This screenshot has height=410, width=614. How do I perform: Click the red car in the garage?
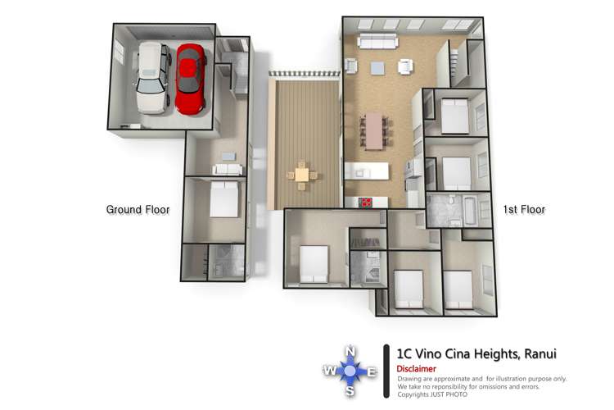coord(190,79)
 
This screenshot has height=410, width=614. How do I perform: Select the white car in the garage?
coord(153,78)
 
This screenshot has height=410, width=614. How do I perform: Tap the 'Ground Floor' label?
coord(138,210)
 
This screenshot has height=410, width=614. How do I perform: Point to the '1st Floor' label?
coord(524,210)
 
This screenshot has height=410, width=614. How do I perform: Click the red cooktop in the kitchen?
coord(366,202)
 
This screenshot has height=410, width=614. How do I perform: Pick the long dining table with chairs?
coord(374,130)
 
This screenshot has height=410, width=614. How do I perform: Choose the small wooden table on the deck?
coord(302,175)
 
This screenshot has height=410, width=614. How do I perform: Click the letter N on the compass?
coord(350,352)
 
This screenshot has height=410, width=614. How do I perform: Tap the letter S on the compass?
coord(350,391)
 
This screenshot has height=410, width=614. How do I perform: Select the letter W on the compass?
coord(329,370)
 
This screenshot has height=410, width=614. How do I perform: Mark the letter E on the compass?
coord(372,371)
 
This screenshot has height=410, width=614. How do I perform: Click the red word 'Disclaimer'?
coord(416,369)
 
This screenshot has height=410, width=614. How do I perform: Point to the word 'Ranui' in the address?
coord(540,354)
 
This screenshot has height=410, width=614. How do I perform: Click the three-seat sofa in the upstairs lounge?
coord(377,41)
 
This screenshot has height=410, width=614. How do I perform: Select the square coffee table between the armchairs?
coord(377,68)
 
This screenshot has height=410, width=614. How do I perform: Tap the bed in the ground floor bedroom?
coord(224,199)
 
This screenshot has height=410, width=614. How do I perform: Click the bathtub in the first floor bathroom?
coord(470,210)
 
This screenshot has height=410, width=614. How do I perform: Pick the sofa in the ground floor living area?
coord(227,169)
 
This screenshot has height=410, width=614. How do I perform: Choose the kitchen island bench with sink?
coord(367,171)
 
